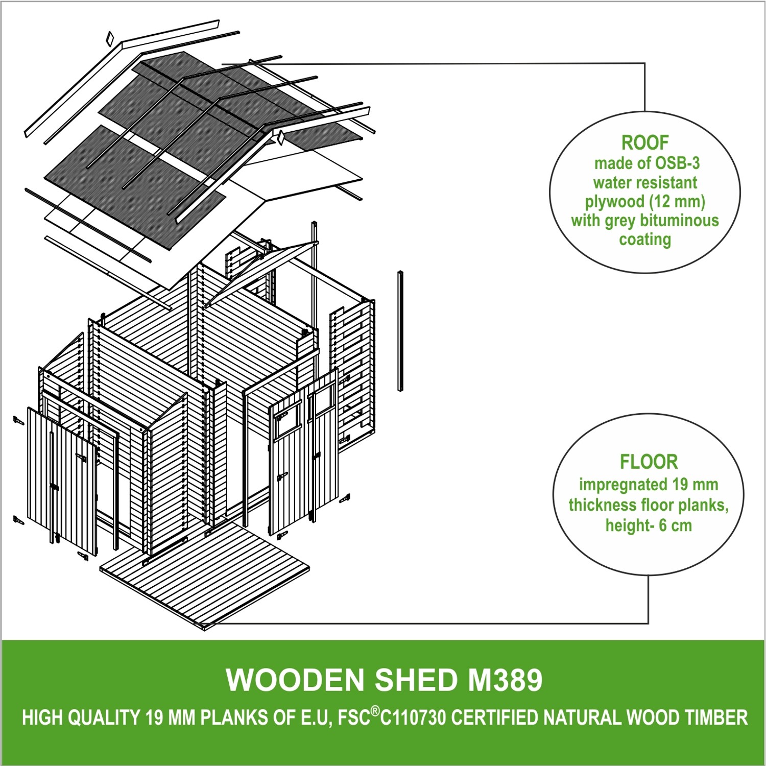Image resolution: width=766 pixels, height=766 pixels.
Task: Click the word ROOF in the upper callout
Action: click(x=644, y=143)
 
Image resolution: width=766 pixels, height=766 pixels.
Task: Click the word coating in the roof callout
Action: click(x=644, y=239)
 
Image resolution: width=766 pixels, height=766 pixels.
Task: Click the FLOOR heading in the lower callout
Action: click(x=649, y=462)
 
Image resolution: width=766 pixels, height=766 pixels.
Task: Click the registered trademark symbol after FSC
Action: click(x=375, y=712)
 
